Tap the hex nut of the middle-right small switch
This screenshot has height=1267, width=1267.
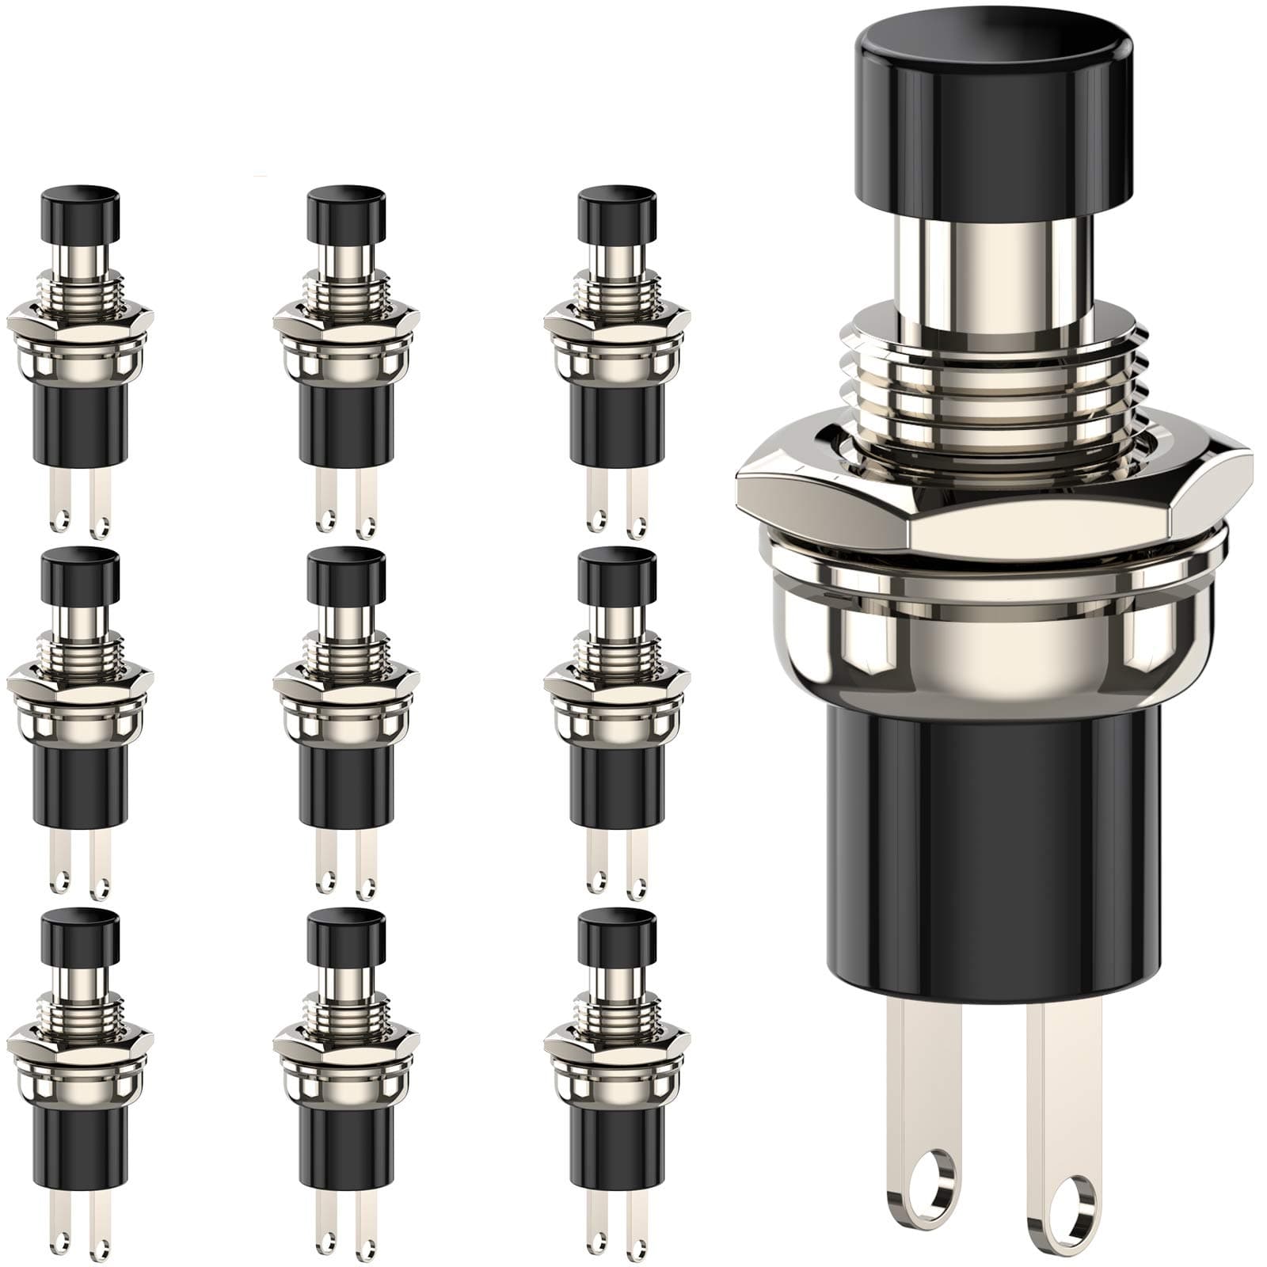click(x=616, y=685)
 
